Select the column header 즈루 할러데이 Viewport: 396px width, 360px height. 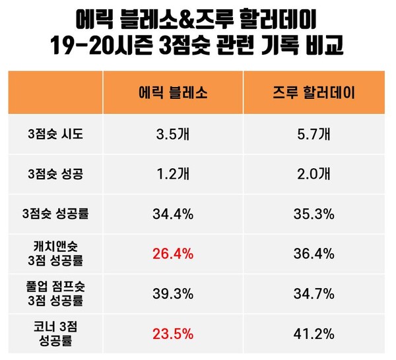pos(314,92)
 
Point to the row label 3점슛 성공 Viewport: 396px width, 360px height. pos(56,175)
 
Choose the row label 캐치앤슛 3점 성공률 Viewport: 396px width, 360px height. pos(56,253)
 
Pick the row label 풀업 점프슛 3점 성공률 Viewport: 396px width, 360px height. pos(56,292)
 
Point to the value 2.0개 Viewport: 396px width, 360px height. pos(314,175)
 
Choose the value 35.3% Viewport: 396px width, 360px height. pos(314,214)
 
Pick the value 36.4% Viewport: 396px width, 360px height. pos(314,253)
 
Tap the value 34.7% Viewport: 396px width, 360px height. pos(314,293)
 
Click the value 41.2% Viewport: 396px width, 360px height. pos(314,332)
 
